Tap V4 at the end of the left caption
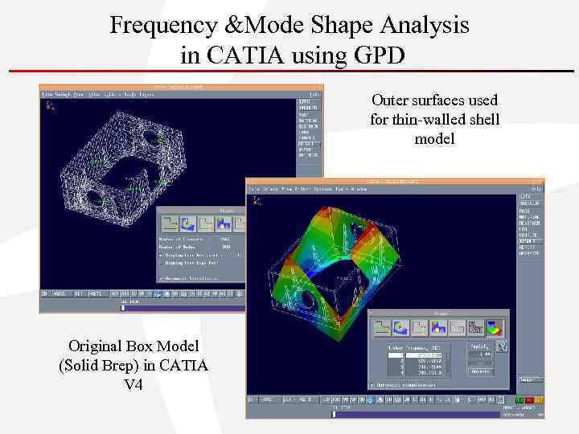point(133,384)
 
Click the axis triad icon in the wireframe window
point(51,104)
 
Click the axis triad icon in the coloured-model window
point(257,200)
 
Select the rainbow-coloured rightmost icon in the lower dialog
point(495,328)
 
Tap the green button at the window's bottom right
point(520,399)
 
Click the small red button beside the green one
point(530,399)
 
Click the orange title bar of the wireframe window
point(181,87)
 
